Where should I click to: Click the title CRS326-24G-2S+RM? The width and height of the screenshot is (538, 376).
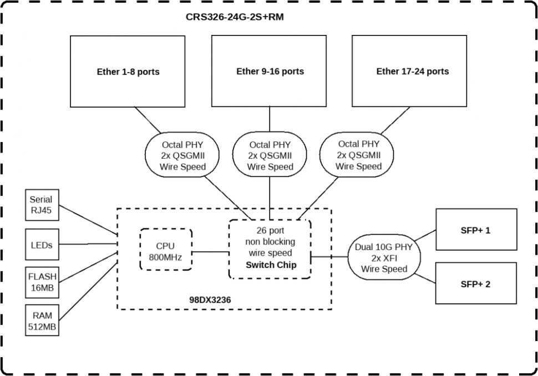pos(235,17)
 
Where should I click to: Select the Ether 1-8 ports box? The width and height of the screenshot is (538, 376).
pos(128,72)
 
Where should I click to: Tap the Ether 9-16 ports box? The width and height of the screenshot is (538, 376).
pos(270,72)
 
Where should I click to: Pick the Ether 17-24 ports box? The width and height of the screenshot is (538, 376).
pos(412,72)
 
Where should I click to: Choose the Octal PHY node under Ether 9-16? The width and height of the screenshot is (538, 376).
pos(270,155)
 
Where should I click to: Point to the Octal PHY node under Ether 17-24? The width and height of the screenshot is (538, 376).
pos(358,155)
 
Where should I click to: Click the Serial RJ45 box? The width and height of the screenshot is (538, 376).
pos(41,205)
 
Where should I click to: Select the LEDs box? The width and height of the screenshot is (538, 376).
pos(41,244)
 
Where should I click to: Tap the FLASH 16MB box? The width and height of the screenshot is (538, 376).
pos(42,282)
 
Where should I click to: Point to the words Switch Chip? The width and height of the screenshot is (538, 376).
pos(271,265)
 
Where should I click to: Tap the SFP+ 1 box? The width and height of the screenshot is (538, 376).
pos(475,230)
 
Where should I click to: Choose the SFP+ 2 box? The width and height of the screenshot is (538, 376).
pos(475,284)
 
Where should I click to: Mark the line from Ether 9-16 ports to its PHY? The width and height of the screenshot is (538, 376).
pos(270,120)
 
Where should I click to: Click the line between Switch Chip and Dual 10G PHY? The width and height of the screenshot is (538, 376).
pos(329,257)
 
